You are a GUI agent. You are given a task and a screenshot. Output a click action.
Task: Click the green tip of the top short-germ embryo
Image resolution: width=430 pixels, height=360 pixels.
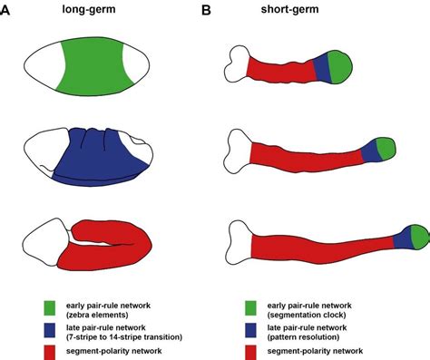[341, 65]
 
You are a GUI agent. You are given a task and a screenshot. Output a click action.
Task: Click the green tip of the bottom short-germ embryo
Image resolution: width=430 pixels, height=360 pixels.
[418, 236]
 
